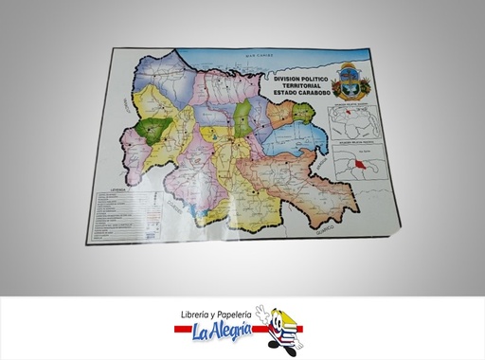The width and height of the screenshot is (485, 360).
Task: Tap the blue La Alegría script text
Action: [224, 331]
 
